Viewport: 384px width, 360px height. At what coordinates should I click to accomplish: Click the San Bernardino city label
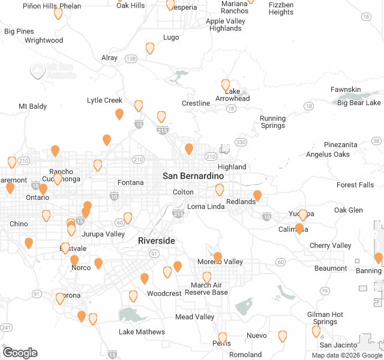tap(193, 176)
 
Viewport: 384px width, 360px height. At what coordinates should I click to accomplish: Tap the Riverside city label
tap(157, 241)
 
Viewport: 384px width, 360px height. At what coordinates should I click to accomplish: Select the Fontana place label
tap(131, 182)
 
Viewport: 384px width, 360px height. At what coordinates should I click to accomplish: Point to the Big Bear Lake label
tap(359, 103)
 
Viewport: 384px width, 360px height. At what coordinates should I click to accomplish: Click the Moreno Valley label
tap(221, 262)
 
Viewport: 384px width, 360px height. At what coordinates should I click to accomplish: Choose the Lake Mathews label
tap(142, 332)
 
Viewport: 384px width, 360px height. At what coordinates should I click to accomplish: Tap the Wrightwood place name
tap(44, 40)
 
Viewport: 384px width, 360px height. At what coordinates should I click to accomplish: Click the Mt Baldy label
tap(32, 106)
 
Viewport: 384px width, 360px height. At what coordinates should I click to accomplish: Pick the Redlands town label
tap(240, 202)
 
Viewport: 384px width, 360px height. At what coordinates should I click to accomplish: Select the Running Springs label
tap(272, 122)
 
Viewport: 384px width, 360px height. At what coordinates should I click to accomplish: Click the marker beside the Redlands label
tap(257, 196)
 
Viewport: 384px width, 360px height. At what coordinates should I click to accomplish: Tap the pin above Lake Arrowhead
tap(226, 85)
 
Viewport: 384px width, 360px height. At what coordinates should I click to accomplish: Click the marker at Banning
tap(378, 258)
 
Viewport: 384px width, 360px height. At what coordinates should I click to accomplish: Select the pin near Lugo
tap(150, 48)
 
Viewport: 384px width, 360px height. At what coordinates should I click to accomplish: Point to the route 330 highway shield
tap(241, 142)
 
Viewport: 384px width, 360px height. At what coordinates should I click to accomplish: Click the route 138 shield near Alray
tap(131, 58)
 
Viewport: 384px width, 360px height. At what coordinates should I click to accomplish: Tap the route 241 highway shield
tap(7, 327)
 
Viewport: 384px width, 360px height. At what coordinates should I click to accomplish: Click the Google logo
tap(20, 353)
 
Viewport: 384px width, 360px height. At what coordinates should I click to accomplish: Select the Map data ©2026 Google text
tap(346, 355)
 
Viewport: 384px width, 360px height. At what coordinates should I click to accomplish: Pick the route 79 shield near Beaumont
tap(325, 291)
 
